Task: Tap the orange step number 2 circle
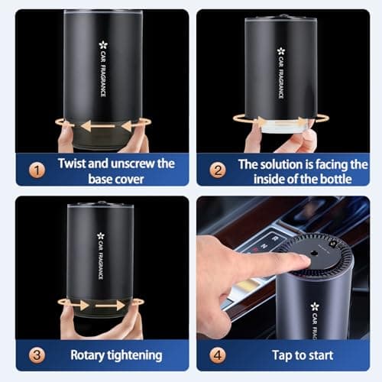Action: tap(218, 170)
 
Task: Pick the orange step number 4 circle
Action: tap(218, 355)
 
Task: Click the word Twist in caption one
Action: tap(74, 163)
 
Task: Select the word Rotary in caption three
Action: tap(88, 355)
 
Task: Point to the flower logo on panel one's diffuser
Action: tap(102, 45)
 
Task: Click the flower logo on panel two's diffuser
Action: tap(281, 51)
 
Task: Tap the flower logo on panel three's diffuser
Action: tap(100, 236)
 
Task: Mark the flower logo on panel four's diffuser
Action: tap(314, 306)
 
